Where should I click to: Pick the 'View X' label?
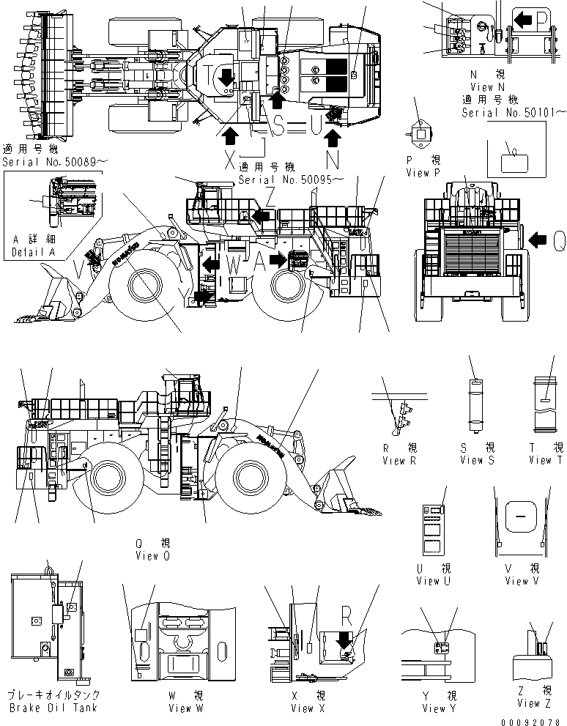click(312, 708)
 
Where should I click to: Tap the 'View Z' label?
click(538, 703)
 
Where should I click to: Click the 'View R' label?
click(399, 460)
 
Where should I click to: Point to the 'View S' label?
click(477, 460)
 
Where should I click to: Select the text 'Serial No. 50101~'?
click(513, 113)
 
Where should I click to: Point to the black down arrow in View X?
click(341, 640)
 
